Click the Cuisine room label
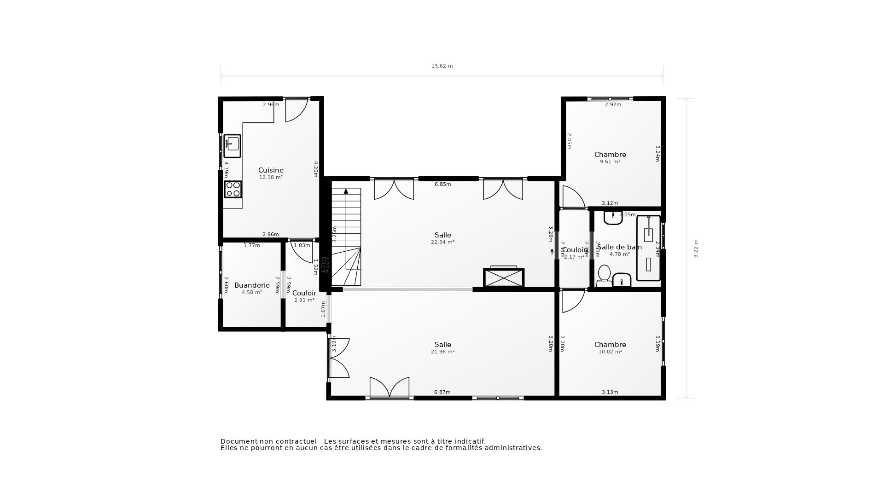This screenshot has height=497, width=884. (x=271, y=170)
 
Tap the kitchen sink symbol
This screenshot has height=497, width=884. (x=232, y=146)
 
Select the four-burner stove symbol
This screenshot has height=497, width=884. (x=233, y=189)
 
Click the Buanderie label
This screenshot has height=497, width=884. (x=252, y=285)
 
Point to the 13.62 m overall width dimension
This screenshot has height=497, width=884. (x=442, y=66)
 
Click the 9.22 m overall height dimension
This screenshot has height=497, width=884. (x=696, y=248)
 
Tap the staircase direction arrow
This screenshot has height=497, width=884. (x=346, y=191)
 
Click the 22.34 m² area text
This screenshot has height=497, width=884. (x=442, y=243)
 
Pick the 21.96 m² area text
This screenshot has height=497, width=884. (x=442, y=352)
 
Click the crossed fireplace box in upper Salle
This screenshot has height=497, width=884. (x=504, y=278)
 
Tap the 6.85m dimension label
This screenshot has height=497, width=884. (x=442, y=185)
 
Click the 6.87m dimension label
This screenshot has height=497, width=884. (x=442, y=393)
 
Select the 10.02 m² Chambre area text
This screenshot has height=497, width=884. (x=610, y=352)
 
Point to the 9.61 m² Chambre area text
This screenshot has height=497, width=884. (x=610, y=162)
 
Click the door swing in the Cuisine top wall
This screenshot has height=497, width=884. (x=296, y=110)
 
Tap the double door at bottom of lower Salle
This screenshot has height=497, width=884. (x=390, y=388)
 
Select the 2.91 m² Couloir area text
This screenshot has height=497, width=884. (x=304, y=301)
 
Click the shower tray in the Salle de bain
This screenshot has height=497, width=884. (x=648, y=248)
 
